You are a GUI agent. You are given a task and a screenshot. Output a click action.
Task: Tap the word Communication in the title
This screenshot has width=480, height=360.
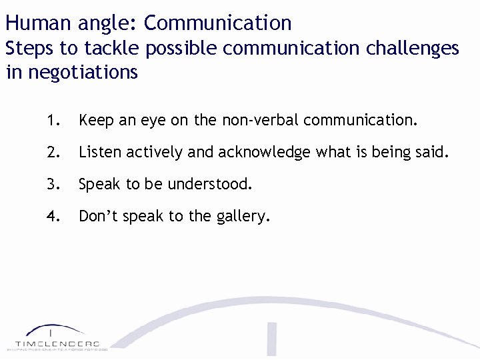[217, 23]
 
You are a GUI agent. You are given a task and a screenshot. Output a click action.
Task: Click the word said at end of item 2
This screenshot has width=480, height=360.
[433, 152]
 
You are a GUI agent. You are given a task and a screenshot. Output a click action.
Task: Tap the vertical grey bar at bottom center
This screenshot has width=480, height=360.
[272, 340]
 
